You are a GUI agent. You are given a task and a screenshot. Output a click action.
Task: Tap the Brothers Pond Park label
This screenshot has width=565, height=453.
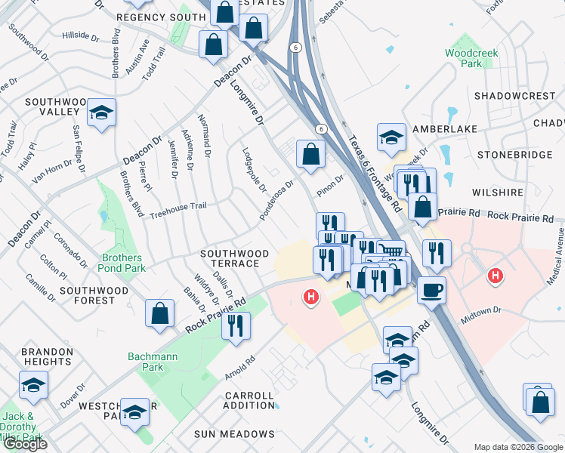coord(122,263)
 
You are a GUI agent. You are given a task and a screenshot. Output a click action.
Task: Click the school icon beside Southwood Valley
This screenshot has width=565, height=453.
coord(101,113)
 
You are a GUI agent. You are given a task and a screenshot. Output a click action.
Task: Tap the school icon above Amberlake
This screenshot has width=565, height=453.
coord(391,137)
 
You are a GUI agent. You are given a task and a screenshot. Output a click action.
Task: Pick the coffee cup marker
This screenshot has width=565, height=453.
coord(431,290)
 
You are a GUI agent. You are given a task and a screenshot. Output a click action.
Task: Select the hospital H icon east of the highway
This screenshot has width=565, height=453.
coord(495,276)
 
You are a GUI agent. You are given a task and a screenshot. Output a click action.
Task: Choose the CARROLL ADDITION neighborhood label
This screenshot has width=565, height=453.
coord(249,400)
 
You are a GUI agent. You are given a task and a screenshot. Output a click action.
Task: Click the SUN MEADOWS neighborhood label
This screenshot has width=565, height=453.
coord(234,434)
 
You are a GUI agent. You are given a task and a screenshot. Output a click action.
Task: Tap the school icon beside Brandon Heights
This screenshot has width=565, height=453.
coord(33,384)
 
